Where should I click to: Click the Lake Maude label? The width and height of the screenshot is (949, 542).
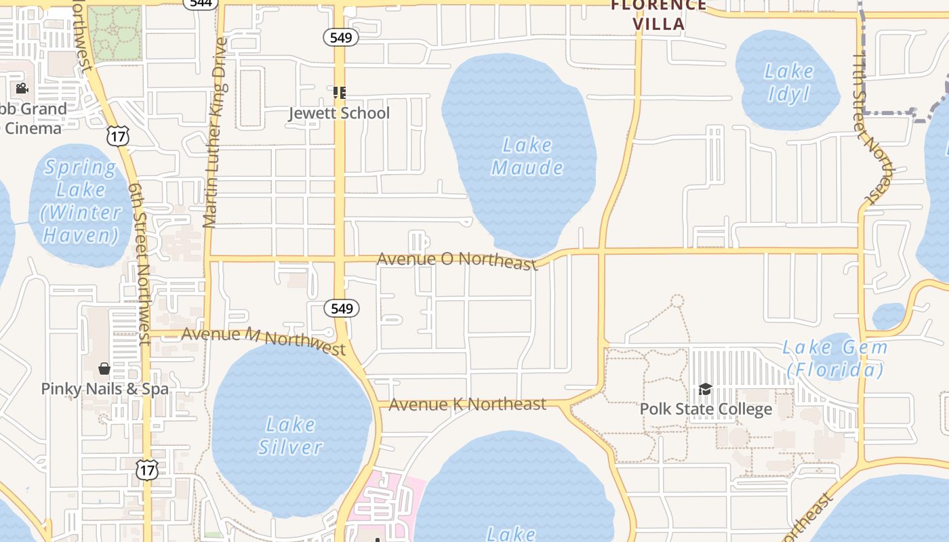527,157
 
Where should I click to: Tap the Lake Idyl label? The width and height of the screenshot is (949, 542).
789,82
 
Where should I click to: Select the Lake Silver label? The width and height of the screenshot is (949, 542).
290,436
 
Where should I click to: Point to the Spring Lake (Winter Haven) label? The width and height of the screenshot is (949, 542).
80,201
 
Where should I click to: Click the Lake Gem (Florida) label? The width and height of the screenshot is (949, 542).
835,358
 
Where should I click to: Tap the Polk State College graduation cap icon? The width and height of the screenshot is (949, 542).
705,390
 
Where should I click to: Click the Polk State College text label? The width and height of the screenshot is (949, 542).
706,409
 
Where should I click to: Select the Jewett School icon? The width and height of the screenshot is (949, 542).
340,92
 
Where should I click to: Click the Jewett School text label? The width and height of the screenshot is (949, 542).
340,112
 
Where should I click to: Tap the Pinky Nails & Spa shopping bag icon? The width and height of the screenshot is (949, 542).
104,369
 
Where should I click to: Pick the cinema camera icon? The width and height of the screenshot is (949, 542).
22,88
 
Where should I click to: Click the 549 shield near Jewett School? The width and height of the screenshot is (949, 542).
340,37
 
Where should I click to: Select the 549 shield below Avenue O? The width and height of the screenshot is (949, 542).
342,309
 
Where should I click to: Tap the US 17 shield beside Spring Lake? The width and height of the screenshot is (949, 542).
118,136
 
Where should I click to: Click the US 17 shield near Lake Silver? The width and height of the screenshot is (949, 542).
147,469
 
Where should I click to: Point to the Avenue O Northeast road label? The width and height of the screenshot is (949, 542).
457,260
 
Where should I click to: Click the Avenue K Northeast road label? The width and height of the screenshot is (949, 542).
468,404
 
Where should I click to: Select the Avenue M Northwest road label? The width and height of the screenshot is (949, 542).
264,340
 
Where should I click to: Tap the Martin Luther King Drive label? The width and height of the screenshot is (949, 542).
215,132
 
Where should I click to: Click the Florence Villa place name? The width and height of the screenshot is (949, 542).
658,15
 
